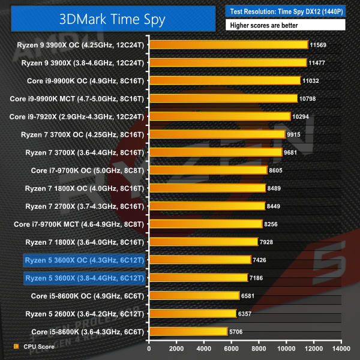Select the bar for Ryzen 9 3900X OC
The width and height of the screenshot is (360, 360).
(x=227, y=44)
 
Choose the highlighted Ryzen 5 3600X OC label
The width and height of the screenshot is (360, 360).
(x=83, y=260)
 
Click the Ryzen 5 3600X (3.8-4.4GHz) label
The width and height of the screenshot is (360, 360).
(x=83, y=278)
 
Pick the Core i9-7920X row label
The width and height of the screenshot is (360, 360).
(x=78, y=116)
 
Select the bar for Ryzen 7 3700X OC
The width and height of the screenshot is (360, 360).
(x=216, y=134)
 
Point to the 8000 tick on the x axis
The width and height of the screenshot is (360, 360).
(x=259, y=348)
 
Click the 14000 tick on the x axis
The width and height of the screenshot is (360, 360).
(x=341, y=348)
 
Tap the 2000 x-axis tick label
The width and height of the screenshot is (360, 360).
(x=176, y=348)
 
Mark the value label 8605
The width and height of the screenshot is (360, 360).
(x=277, y=170)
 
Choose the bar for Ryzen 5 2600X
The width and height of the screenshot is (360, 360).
(x=192, y=313)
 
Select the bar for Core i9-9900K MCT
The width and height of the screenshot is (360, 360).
(x=223, y=98)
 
